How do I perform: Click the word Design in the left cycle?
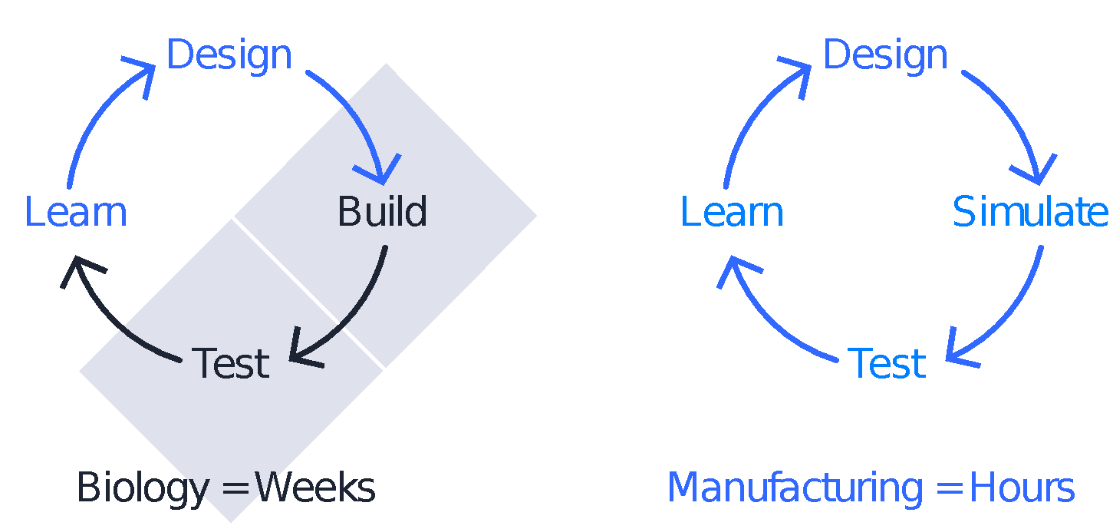pyautogui.click(x=229, y=55)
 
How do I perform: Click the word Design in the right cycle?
pyautogui.click(x=885, y=55)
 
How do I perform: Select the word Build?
pyautogui.click(x=382, y=212)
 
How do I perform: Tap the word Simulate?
pyautogui.click(x=1029, y=212)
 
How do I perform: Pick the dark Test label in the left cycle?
pyautogui.click(x=230, y=363)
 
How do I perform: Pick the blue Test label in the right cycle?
pyautogui.click(x=887, y=363)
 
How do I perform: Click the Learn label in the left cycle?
pyautogui.click(x=75, y=212)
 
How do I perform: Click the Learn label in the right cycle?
pyautogui.click(x=732, y=212)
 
